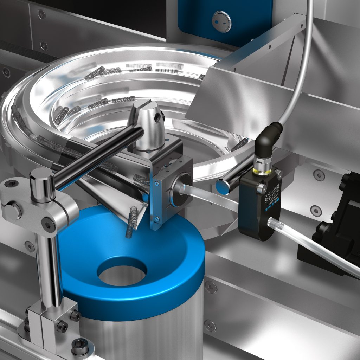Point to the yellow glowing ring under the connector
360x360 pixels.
262,171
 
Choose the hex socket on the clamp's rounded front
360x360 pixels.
48,222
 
